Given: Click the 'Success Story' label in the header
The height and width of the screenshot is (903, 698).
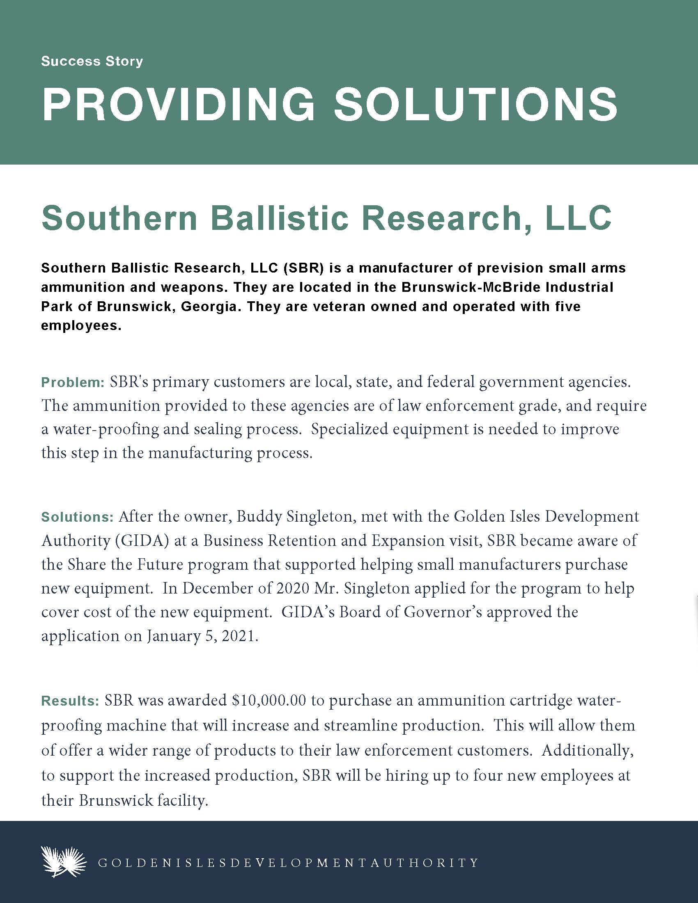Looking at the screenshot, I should [x=92, y=62].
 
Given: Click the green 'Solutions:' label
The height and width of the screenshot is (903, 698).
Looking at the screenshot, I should [x=77, y=517].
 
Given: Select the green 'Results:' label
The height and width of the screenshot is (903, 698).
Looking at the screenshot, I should [x=70, y=701].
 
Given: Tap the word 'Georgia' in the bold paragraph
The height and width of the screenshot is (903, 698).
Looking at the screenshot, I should [x=212, y=307].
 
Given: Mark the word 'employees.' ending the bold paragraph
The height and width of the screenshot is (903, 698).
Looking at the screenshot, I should [x=81, y=326].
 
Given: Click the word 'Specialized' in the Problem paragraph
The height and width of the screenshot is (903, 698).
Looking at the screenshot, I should [x=348, y=429].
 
